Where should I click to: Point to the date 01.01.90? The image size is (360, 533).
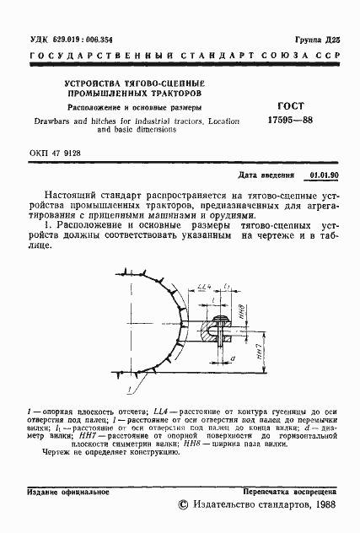324,175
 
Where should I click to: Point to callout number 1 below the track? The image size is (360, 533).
129,390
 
